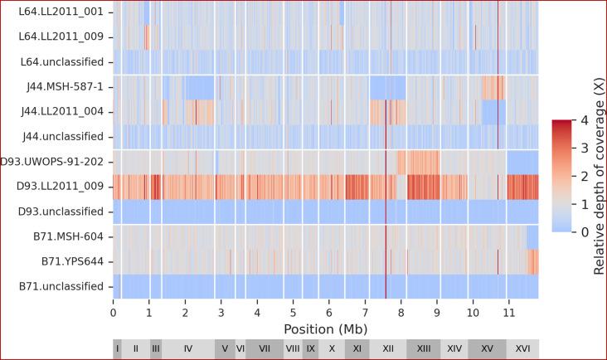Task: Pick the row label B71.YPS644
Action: (74, 261)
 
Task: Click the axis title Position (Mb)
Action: (326, 329)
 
